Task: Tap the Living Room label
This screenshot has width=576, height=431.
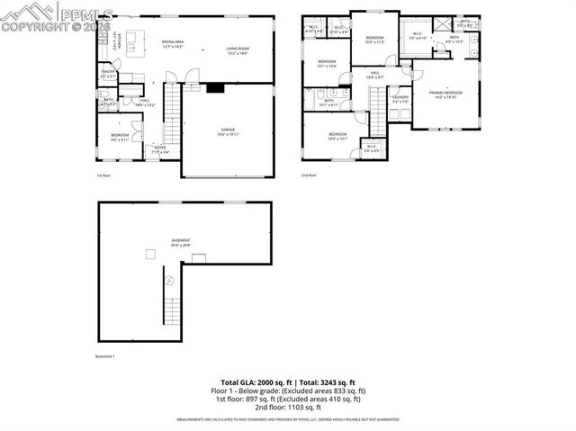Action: (237, 51)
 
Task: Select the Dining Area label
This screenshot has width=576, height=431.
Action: (173, 44)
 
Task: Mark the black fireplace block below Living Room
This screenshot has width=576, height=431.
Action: (214, 88)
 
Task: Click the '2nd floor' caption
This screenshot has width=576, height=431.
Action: (309, 175)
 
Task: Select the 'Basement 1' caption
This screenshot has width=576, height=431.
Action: (105, 356)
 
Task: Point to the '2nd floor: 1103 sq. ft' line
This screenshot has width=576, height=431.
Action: (287, 408)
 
